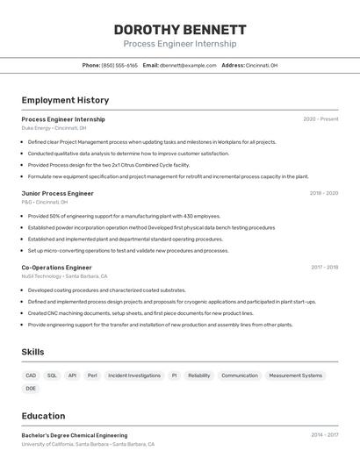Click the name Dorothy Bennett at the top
click(x=179, y=29)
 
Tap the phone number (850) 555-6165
click(x=119, y=65)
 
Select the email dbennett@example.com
click(x=189, y=65)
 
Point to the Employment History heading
click(x=65, y=100)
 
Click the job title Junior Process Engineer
click(x=57, y=193)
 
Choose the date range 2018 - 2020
click(x=323, y=193)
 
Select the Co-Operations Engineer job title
click(x=56, y=268)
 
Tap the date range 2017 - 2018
click(x=324, y=268)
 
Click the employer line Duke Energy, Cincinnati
click(x=54, y=128)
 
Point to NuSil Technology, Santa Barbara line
click(x=64, y=276)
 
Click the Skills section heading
click(x=32, y=352)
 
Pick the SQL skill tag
click(x=52, y=376)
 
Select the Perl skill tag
click(x=92, y=376)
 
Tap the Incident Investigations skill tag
click(x=133, y=376)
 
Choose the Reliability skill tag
click(x=199, y=376)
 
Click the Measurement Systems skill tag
click(x=295, y=376)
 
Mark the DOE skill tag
click(x=31, y=388)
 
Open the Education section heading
click(x=43, y=416)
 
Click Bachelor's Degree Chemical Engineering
click(x=74, y=435)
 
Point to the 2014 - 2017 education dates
click(x=324, y=435)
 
